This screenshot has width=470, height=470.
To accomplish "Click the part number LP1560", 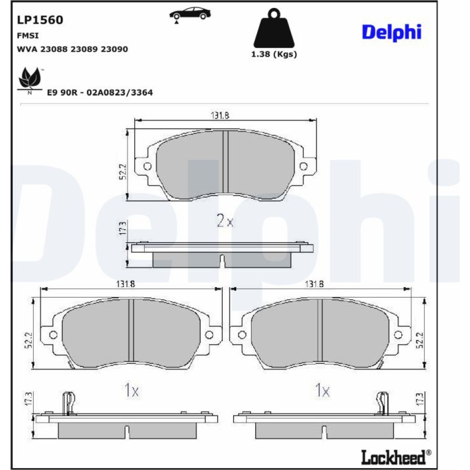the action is tap(40, 20).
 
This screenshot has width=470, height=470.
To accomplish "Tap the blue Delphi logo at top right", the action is tap(392, 32).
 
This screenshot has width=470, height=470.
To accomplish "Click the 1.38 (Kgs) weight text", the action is tap(274, 54).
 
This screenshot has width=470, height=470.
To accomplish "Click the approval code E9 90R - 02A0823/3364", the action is tap(100, 92).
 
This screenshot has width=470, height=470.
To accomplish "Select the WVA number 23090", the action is tap(114, 49).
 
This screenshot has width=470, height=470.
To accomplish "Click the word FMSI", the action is tap(28, 36).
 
